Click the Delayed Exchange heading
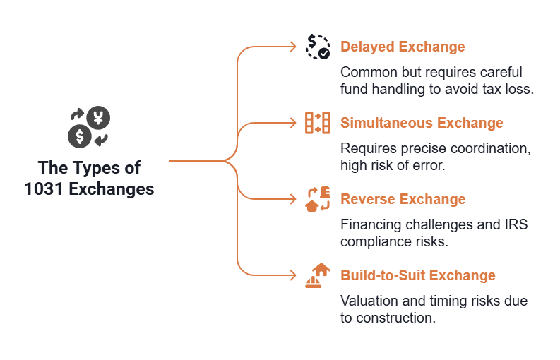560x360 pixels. [403, 47]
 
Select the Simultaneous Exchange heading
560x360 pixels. [422, 123]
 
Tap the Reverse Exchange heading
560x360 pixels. [403, 199]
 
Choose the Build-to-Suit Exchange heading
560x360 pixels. [418, 275]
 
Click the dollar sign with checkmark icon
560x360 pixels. [318, 47]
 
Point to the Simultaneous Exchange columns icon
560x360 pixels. [318, 123]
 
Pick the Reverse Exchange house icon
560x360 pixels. [318, 199]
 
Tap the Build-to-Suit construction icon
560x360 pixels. [318, 275]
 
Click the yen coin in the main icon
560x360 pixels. [98, 118]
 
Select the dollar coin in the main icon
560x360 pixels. [80, 136]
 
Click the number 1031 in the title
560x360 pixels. [44, 189]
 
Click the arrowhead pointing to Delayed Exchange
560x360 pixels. [293, 47]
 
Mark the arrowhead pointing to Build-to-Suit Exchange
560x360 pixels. [293, 275]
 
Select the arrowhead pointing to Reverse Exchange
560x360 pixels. [293, 199]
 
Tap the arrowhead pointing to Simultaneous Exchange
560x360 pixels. [293, 123]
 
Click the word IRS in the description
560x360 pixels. [516, 224]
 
